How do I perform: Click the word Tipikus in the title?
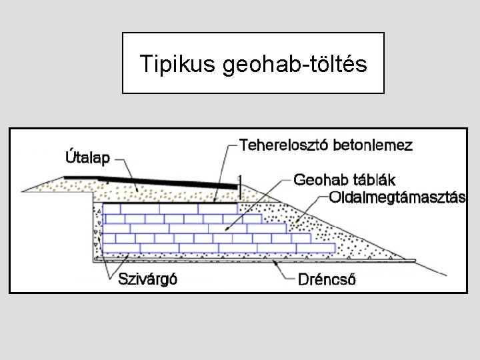[175, 64]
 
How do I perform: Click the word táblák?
[371, 180]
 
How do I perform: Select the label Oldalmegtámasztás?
[397, 198]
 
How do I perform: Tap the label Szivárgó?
[147, 279]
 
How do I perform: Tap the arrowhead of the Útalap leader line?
[138, 191]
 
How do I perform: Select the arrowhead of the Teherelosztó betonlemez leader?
[216, 201]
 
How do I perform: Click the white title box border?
[253, 33]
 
